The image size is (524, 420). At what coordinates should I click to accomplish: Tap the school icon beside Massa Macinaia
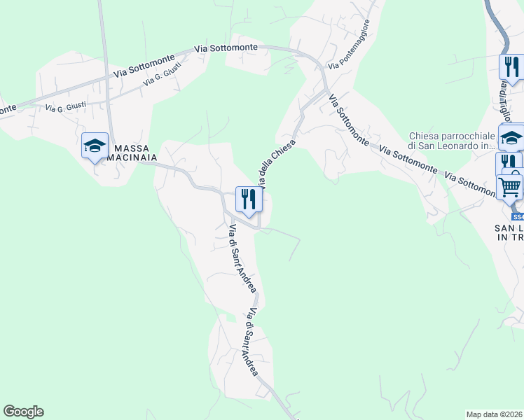(95, 146)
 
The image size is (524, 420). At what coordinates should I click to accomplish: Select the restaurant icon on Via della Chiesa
(249, 200)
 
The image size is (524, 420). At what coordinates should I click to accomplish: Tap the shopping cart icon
(509, 187)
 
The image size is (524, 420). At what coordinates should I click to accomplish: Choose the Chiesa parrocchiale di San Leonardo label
(452, 141)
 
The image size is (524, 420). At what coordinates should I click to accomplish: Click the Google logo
(23, 412)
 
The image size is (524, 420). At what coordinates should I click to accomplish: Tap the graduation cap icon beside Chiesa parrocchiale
(511, 137)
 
